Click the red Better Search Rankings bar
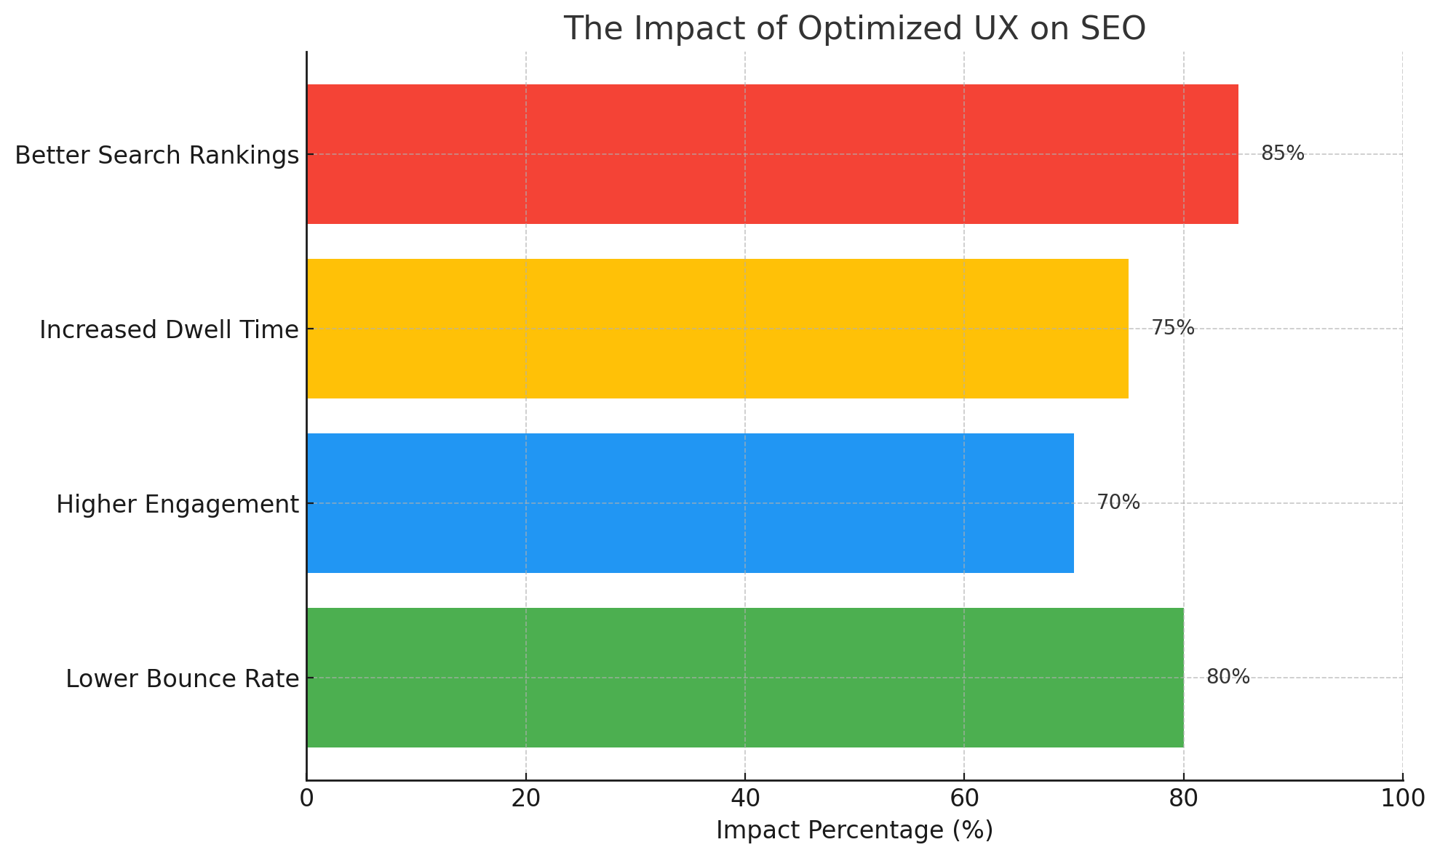(771, 154)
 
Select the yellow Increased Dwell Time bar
(717, 329)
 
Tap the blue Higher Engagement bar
(690, 503)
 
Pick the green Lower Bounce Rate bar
(744, 678)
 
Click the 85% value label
(1282, 153)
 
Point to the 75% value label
(1172, 328)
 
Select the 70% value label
(1118, 502)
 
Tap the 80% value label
(1228, 677)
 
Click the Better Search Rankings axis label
(156, 155)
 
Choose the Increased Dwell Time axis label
(169, 329)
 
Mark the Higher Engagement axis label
(178, 504)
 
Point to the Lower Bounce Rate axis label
(182, 678)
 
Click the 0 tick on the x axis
(306, 799)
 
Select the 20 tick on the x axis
(525, 799)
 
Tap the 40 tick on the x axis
(745, 799)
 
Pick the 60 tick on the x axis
(964, 799)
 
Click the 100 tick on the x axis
(1402, 799)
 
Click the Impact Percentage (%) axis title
(854, 830)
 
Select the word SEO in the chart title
(1113, 29)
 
